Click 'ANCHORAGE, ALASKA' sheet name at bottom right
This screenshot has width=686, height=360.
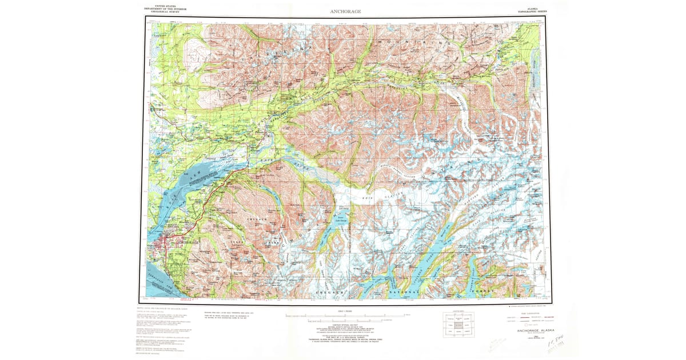tap(534, 330)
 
